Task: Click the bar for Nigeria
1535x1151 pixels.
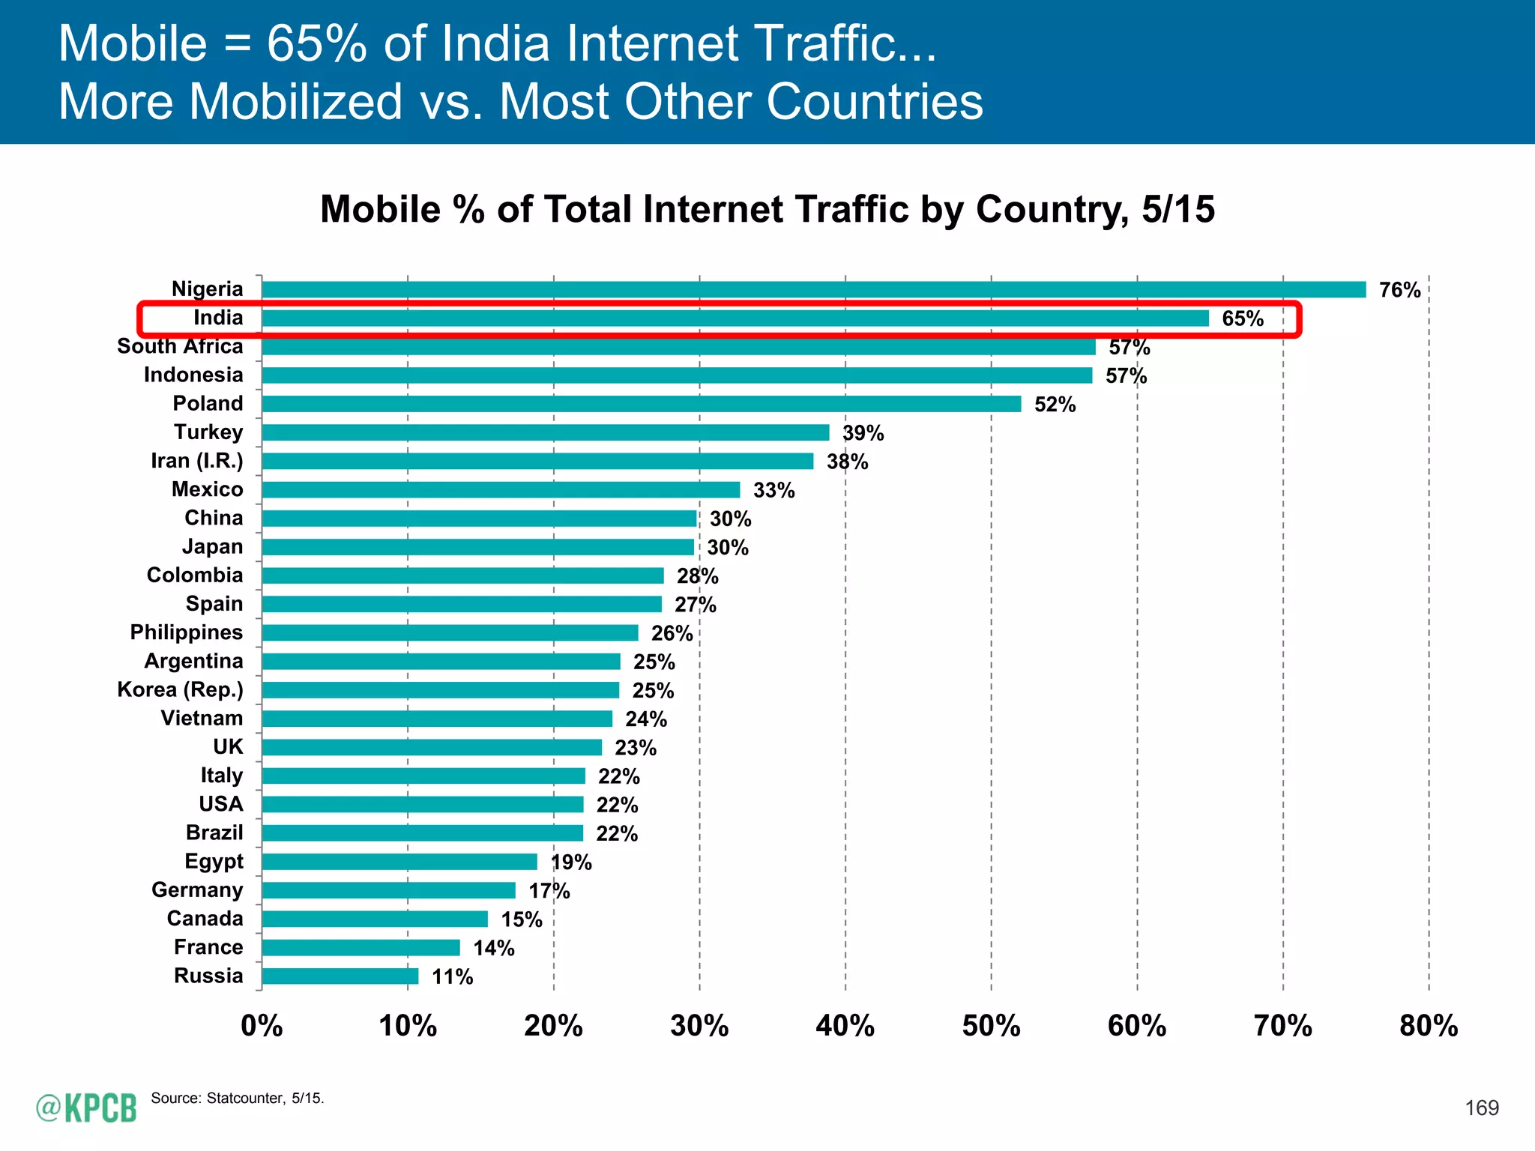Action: pos(813,289)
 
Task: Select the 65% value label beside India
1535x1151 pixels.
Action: pos(1243,318)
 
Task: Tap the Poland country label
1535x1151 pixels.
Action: pos(208,403)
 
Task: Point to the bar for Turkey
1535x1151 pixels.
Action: pos(546,432)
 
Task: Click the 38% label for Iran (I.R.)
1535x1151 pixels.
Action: pos(847,462)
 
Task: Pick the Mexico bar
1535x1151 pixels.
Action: pos(501,490)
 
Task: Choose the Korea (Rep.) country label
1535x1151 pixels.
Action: pos(180,689)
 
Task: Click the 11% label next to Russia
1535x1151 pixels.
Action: pos(452,976)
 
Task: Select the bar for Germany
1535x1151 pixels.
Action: pos(389,890)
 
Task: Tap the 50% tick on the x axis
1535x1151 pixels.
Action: pos(991,1026)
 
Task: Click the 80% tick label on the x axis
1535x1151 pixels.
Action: pos(1429,1026)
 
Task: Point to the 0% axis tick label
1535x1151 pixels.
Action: pos(262,1026)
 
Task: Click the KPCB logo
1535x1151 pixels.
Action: pos(86,1108)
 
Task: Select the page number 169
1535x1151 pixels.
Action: pos(1482,1108)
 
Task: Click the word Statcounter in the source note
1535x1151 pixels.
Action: pos(245,1099)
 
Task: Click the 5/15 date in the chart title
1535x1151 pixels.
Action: pos(1177,209)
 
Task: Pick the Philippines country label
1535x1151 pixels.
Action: pos(186,632)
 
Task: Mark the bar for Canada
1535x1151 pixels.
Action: pos(375,919)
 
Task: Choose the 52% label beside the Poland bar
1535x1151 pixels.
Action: pos(1055,405)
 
